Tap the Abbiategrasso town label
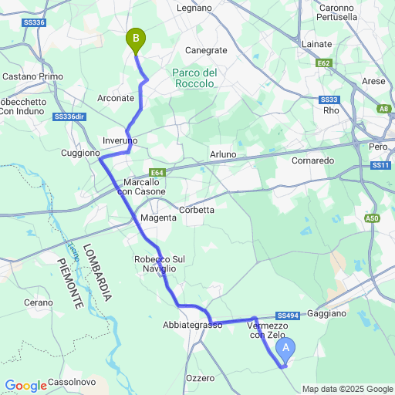(193, 325)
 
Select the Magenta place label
(158, 218)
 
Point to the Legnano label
(194, 8)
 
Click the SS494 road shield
(288, 316)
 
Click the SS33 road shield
(329, 100)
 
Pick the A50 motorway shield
(373, 219)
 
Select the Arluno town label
(223, 154)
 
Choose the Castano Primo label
(32, 76)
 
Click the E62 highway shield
(324, 63)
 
